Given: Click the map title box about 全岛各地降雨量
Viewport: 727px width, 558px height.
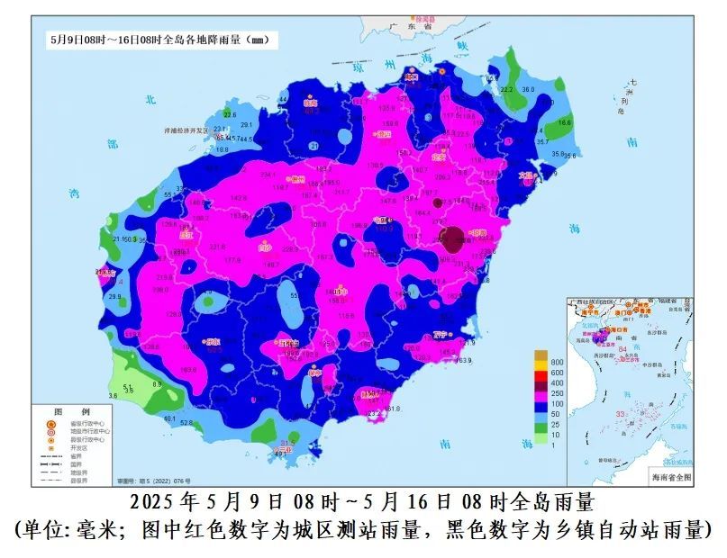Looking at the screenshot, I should (x=162, y=40).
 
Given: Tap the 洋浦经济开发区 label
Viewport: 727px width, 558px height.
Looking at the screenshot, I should (x=186, y=130).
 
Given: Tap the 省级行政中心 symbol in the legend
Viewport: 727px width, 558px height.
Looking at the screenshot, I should (x=51, y=422).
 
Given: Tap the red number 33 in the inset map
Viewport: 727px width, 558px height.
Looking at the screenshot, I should (x=620, y=413).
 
